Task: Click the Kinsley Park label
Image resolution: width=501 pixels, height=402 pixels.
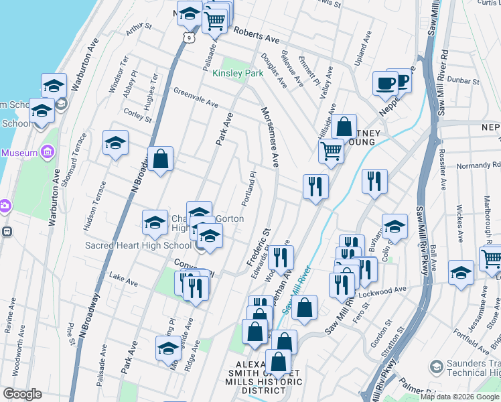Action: pyautogui.click(x=238, y=73)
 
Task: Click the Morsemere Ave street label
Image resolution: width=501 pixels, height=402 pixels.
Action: pyautogui.click(x=270, y=137)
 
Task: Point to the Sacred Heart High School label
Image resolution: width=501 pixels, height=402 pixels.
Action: pyautogui.click(x=139, y=245)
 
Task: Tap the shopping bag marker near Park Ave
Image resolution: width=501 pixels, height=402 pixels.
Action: pyautogui.click(x=161, y=159)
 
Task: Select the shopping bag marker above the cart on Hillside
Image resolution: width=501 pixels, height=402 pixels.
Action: pyautogui.click(x=344, y=125)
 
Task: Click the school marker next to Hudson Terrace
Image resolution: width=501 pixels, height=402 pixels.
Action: pyautogui.click(x=115, y=143)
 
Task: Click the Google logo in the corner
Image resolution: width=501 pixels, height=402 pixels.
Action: pyautogui.click(x=21, y=394)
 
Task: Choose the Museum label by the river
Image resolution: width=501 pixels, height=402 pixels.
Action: pyautogui.click(x=19, y=153)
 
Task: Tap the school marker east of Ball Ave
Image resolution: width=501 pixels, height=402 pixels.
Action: pyautogui.click(x=461, y=273)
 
